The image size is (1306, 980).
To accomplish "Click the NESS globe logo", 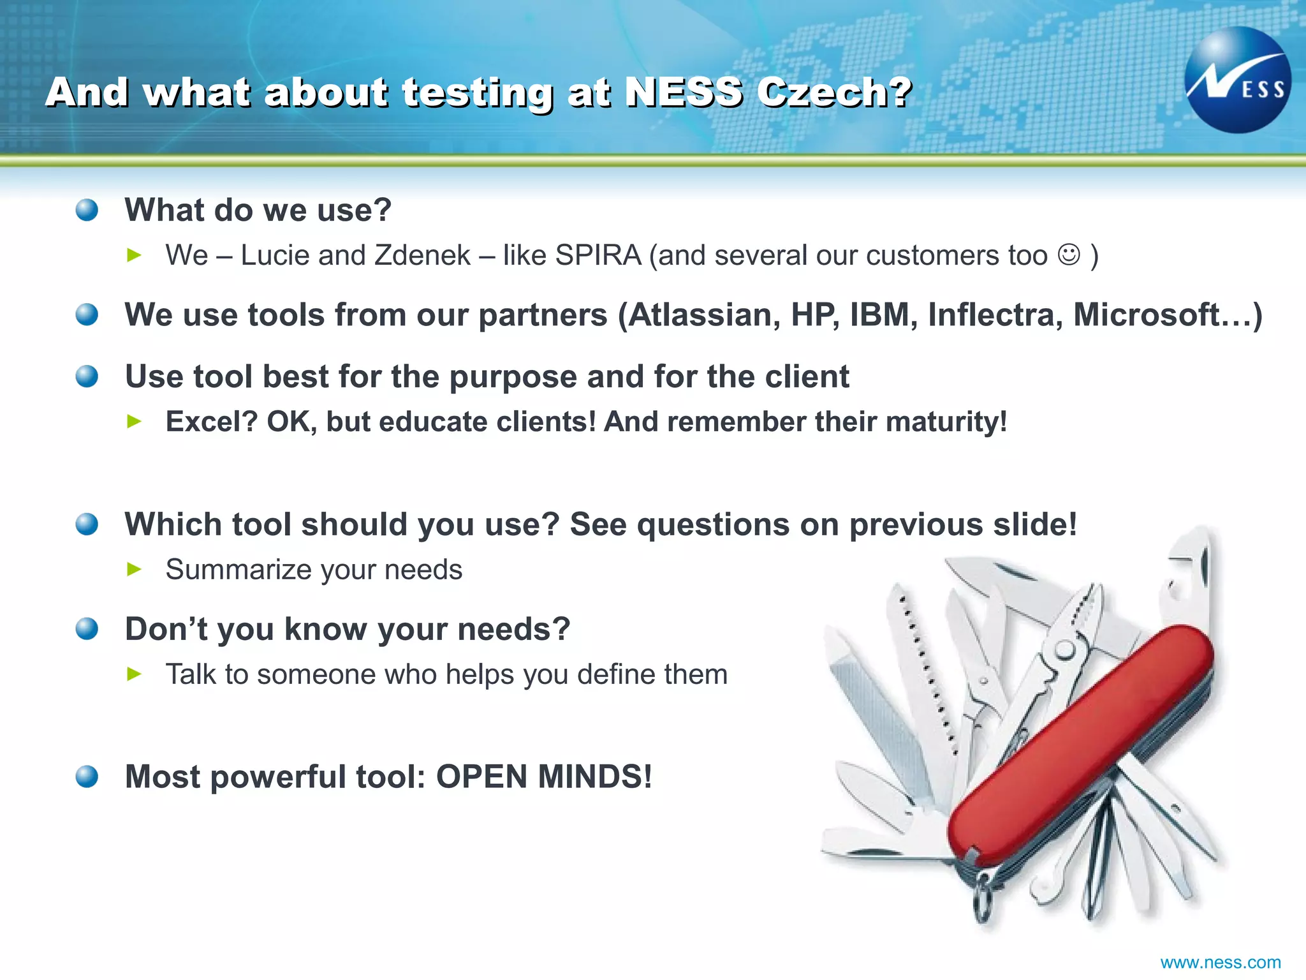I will click(1238, 80).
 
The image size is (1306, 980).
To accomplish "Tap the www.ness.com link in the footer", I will click(1220, 962).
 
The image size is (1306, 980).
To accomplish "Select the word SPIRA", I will click(598, 255).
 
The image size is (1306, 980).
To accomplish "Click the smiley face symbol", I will click(1069, 255).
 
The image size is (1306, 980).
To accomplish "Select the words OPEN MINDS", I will click(544, 776).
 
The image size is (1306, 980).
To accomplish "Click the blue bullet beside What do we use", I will click(87, 210).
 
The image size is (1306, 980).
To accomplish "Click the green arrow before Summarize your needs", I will click(134, 569).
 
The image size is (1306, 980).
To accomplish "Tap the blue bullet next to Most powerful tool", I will click(87, 776).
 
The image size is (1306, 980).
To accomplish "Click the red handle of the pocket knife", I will click(1078, 746).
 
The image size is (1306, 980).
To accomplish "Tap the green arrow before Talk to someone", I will click(134, 674).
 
